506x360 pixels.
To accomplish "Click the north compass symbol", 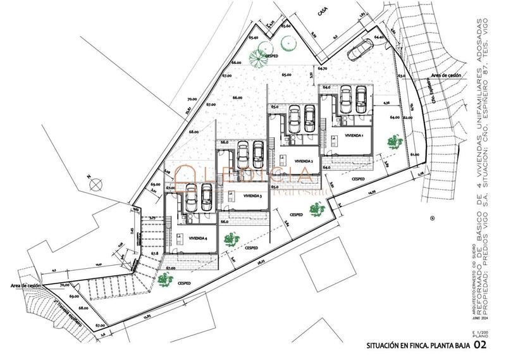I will pos(95,184).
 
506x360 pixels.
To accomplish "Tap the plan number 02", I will pos(481,345).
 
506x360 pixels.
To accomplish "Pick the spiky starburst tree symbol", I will pos(258,58).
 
